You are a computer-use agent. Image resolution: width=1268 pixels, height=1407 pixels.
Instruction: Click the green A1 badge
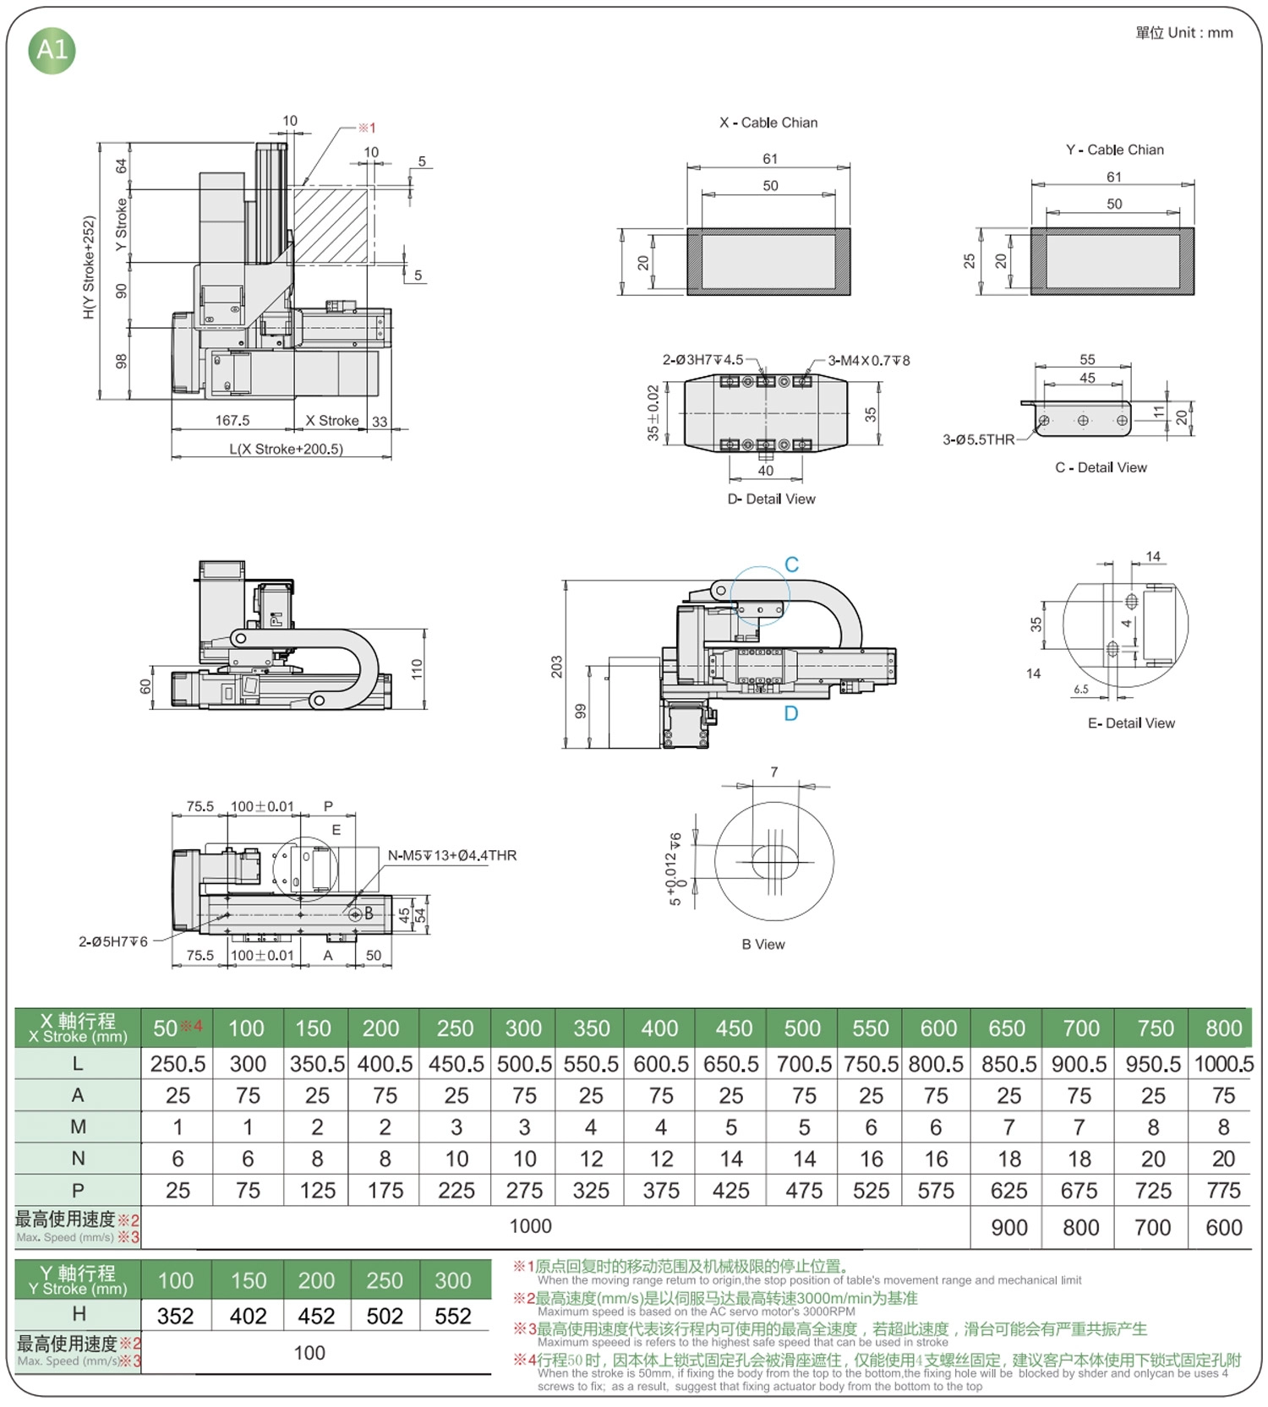(x=52, y=50)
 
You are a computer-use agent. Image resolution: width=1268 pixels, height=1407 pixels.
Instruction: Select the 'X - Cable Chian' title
(x=768, y=123)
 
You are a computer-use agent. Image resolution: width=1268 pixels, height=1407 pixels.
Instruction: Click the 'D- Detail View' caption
(x=771, y=499)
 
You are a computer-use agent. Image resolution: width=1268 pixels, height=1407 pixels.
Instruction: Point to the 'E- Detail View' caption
(x=1131, y=723)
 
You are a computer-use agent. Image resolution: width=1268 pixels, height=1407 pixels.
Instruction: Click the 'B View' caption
(x=763, y=944)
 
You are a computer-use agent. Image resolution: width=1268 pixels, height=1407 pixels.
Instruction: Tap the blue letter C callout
(x=791, y=564)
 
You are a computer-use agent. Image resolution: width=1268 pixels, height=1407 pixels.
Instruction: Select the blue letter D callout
(x=790, y=713)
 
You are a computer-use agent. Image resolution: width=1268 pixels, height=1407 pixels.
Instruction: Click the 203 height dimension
(x=556, y=667)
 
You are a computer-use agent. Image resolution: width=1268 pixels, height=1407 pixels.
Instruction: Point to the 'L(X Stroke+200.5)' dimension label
(x=286, y=449)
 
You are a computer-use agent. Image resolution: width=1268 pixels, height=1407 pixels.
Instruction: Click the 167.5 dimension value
(x=232, y=420)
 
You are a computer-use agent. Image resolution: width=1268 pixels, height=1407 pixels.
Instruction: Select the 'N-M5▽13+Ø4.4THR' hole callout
(x=452, y=855)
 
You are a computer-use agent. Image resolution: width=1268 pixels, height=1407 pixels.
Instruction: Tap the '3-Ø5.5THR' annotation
(x=978, y=439)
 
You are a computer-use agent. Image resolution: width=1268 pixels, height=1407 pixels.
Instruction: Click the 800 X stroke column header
(x=1223, y=1028)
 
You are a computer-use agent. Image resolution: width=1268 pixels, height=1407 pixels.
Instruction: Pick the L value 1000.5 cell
(x=1223, y=1064)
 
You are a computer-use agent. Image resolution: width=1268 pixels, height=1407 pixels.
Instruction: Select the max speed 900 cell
(x=1009, y=1227)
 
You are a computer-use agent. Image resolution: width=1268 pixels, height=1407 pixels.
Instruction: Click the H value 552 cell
(x=452, y=1316)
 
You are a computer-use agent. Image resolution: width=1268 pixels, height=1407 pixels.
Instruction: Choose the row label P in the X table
(x=78, y=1191)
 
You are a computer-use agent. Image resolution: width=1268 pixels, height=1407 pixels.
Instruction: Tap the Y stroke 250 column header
(x=385, y=1280)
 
